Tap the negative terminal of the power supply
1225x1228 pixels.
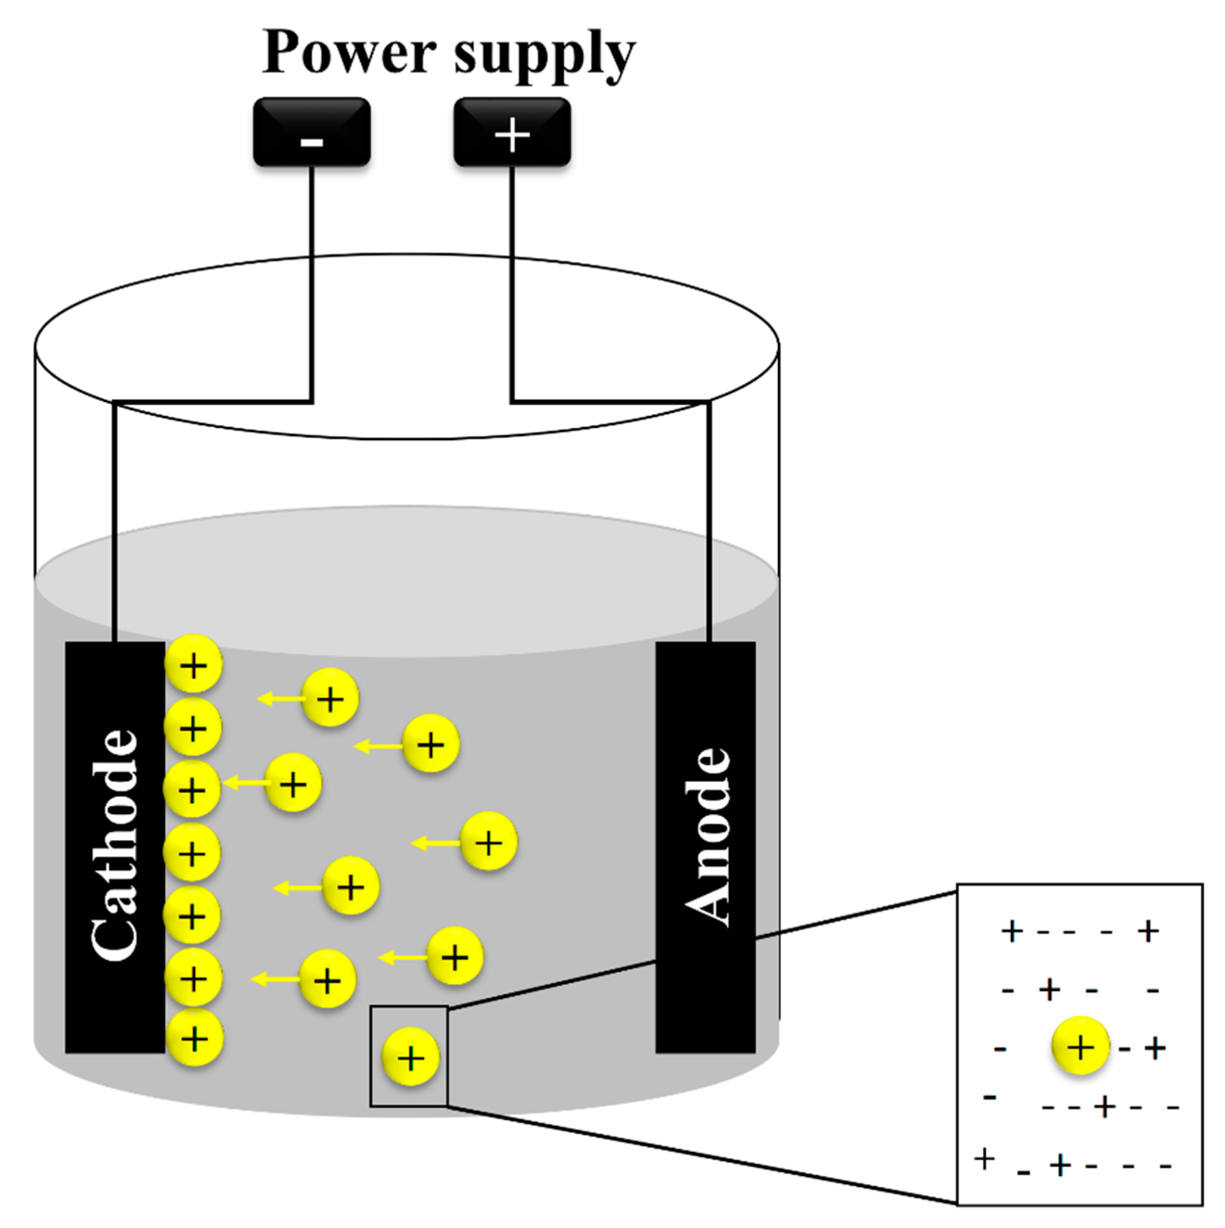coord(311,132)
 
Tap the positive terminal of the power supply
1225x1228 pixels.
coord(512,132)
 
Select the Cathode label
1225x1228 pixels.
coord(115,845)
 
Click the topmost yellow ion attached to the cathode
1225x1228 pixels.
coord(194,664)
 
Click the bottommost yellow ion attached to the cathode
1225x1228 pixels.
coord(194,1039)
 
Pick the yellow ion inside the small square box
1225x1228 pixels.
coord(410,1058)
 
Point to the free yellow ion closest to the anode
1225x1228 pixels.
coord(489,842)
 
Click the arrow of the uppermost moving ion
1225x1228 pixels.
coord(280,699)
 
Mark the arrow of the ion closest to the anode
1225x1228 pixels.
coord(436,844)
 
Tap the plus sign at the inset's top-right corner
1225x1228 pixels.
coord(1148,932)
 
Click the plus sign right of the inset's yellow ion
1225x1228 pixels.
coord(1155,1048)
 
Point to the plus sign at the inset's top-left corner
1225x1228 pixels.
coord(1012,932)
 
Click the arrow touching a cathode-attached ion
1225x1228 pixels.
coord(245,783)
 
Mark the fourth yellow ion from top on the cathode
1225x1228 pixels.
coord(192,852)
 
